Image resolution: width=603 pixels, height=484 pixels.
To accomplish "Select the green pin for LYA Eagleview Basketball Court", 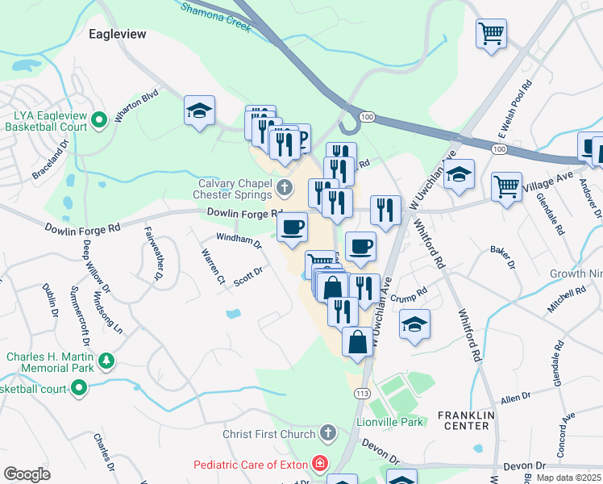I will [x=99, y=122].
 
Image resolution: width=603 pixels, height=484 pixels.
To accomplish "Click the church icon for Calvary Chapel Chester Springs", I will [x=284, y=188].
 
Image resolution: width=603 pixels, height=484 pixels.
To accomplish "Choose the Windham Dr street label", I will [x=239, y=240].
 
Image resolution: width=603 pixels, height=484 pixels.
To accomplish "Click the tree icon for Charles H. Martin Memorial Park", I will [x=105, y=360].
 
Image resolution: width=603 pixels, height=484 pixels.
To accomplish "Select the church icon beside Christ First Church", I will [x=327, y=434].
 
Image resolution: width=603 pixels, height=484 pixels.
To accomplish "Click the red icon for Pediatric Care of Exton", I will [x=320, y=465].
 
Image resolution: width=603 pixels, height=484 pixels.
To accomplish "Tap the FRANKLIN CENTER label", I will [x=464, y=419].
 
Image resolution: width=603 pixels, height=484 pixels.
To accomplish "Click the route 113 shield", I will [x=360, y=392].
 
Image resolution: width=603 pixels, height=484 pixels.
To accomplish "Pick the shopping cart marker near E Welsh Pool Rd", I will [x=491, y=34].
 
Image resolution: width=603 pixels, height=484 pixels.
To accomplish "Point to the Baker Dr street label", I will [x=502, y=256].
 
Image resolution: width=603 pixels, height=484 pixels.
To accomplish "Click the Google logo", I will [x=27, y=474].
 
